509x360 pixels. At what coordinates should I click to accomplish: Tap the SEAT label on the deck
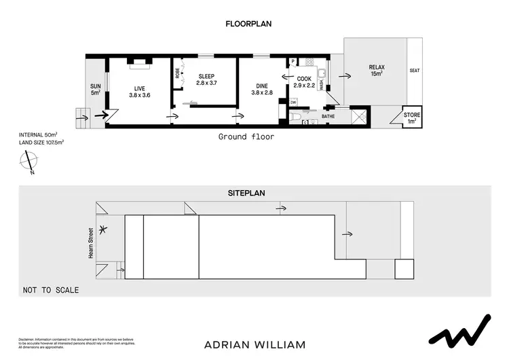point(415,71)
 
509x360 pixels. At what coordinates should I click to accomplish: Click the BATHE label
point(328,117)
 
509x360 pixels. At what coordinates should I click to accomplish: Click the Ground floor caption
point(246,137)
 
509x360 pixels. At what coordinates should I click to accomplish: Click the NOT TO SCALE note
point(51,290)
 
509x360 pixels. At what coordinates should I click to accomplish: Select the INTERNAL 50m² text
point(38,135)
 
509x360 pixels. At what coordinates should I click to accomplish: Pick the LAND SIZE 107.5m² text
point(41,142)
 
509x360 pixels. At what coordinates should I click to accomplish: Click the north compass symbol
point(29,162)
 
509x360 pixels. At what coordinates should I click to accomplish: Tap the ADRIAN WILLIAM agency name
point(254,344)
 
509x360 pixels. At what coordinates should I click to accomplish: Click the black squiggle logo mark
point(461,332)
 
